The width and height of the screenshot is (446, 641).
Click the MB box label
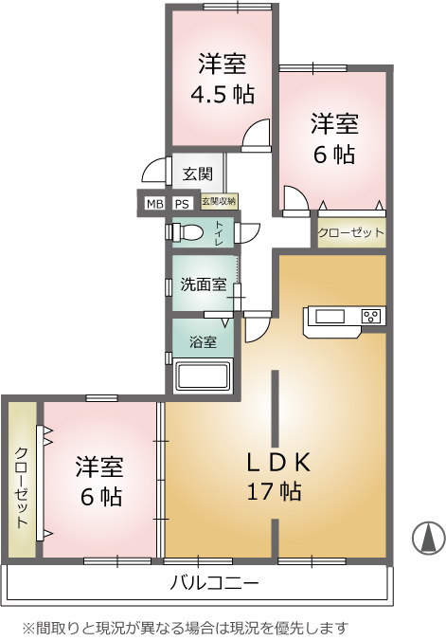click(x=154, y=204)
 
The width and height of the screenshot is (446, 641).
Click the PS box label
click(x=182, y=204)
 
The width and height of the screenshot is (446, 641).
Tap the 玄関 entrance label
click(x=198, y=174)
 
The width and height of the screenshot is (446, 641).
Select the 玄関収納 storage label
click(x=219, y=202)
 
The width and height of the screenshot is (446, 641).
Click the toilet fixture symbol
click(x=186, y=232)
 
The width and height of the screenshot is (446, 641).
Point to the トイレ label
click(x=219, y=233)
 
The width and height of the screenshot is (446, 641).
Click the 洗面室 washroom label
click(x=204, y=284)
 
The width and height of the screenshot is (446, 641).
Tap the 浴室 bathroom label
click(x=203, y=341)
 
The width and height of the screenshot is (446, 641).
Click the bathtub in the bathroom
click(x=203, y=376)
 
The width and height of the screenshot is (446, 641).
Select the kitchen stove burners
click(x=372, y=316)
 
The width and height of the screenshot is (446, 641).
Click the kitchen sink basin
click(x=330, y=317)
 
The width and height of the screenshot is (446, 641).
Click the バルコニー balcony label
click(x=214, y=582)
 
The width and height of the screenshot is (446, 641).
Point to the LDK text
click(x=278, y=463)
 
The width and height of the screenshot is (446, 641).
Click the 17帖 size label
click(x=274, y=492)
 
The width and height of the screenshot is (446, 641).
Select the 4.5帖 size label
click(x=223, y=94)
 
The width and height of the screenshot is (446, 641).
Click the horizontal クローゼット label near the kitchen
click(x=351, y=233)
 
